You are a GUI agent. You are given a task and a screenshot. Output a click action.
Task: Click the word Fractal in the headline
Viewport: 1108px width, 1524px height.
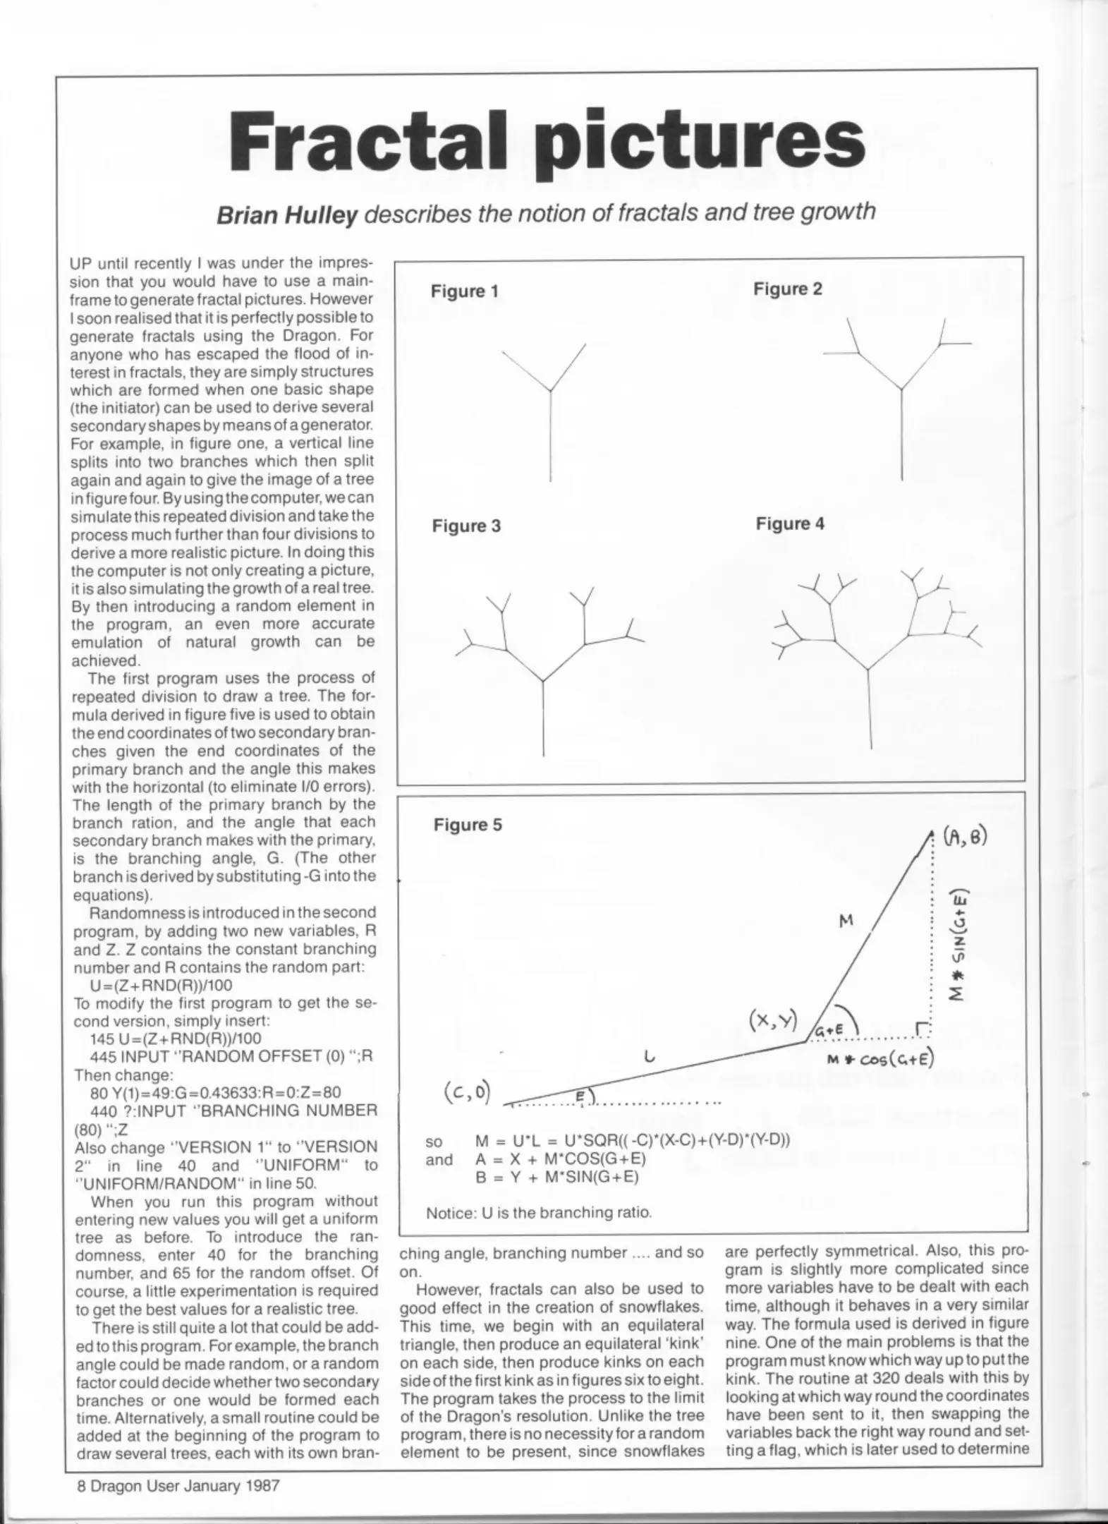pos(367,138)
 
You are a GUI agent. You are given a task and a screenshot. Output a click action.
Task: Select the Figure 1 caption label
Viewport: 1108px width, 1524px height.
pos(464,291)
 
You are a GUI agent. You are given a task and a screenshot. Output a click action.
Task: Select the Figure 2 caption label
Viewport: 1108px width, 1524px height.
pos(787,289)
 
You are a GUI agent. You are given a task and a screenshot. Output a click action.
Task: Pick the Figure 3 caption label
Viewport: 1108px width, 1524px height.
pos(466,526)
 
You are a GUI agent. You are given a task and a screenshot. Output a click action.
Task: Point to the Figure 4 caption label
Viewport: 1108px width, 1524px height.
pos(789,524)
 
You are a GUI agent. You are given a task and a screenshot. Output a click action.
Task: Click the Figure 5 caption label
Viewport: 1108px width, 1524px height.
pos(468,825)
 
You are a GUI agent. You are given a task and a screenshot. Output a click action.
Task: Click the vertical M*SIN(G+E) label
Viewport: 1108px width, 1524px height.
pos(958,946)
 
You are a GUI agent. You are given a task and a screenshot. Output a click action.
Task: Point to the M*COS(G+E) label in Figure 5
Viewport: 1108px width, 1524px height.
pos(881,1060)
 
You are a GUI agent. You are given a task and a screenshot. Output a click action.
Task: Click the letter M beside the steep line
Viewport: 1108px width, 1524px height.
pos(846,920)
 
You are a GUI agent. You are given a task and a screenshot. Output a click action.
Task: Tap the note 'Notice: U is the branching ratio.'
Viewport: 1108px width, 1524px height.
pos(539,1213)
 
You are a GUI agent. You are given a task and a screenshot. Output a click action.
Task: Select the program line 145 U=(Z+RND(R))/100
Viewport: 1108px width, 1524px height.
pos(175,1038)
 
